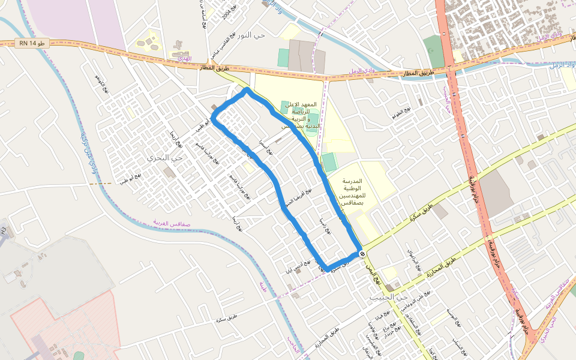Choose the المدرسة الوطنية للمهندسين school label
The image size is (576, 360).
tap(344, 192)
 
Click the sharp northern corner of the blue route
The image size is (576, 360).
tap(247, 90)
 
